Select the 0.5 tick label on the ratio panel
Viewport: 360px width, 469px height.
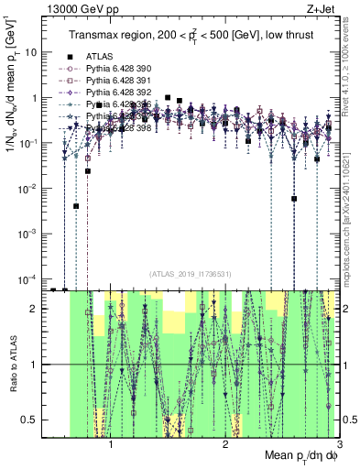coord(30,420)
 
